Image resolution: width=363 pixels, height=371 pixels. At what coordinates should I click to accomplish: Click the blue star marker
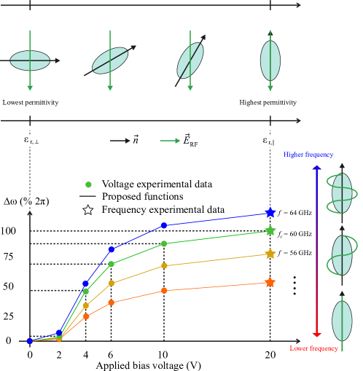point(270,213)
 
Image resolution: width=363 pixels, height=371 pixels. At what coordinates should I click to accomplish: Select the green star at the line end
point(270,230)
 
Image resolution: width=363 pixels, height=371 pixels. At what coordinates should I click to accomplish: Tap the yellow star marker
point(270,254)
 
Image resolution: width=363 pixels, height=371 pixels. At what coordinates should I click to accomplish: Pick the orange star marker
point(270,282)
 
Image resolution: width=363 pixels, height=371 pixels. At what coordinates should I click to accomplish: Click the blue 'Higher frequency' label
point(308,155)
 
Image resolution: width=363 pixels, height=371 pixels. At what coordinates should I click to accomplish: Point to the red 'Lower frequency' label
point(313,348)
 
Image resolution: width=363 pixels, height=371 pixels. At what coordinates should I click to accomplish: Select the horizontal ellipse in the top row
point(30,60)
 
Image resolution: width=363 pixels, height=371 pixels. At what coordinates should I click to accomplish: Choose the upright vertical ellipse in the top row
point(270,60)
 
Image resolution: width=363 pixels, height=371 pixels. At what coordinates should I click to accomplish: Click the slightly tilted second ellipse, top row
point(110,60)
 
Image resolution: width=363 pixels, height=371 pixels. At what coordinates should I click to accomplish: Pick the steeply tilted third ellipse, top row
point(190,60)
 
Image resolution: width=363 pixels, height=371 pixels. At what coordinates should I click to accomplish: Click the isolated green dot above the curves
point(88,184)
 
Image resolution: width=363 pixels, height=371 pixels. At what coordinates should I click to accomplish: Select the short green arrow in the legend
point(170,141)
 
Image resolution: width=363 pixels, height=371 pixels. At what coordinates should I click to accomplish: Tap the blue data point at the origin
point(30,340)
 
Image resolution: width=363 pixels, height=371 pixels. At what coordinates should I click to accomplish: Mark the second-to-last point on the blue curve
point(164,225)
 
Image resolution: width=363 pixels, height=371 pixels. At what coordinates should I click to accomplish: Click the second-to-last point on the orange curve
point(164,290)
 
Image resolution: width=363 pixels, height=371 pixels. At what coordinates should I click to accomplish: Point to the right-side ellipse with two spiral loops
point(342,193)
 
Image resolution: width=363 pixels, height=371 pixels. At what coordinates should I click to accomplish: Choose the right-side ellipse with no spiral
point(342,321)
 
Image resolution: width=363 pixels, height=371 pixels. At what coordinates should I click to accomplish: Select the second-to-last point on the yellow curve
point(164,265)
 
